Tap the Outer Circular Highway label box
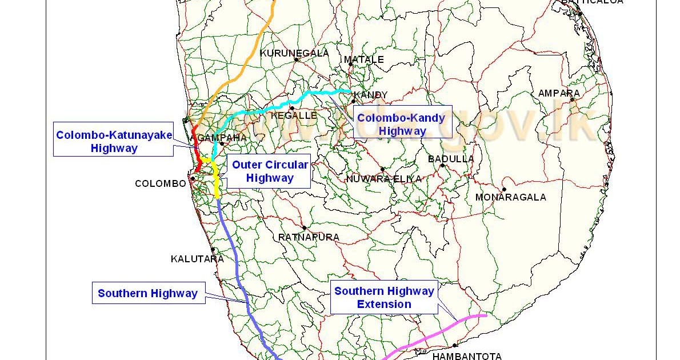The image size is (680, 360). pyautogui.click(x=270, y=171)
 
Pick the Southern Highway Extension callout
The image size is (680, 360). pyautogui.click(x=384, y=297)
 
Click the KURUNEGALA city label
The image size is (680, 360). pyautogui.click(x=294, y=53)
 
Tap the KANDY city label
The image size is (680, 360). pyautogui.click(x=371, y=95)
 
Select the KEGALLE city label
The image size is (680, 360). pyautogui.click(x=294, y=115)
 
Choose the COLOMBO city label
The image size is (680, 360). pyautogui.click(x=161, y=183)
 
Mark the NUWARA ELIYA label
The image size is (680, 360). pyautogui.click(x=383, y=179)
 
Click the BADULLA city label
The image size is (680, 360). pyautogui.click(x=451, y=159)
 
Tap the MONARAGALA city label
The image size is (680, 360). pyautogui.click(x=510, y=197)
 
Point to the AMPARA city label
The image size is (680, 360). pyautogui.click(x=558, y=93)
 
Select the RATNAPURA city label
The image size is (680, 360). pyautogui.click(x=309, y=237)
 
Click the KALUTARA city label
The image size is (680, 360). pyautogui.click(x=197, y=259)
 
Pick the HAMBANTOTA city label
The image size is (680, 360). pyautogui.click(x=467, y=356)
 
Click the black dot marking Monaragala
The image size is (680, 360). pyautogui.click(x=504, y=189)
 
